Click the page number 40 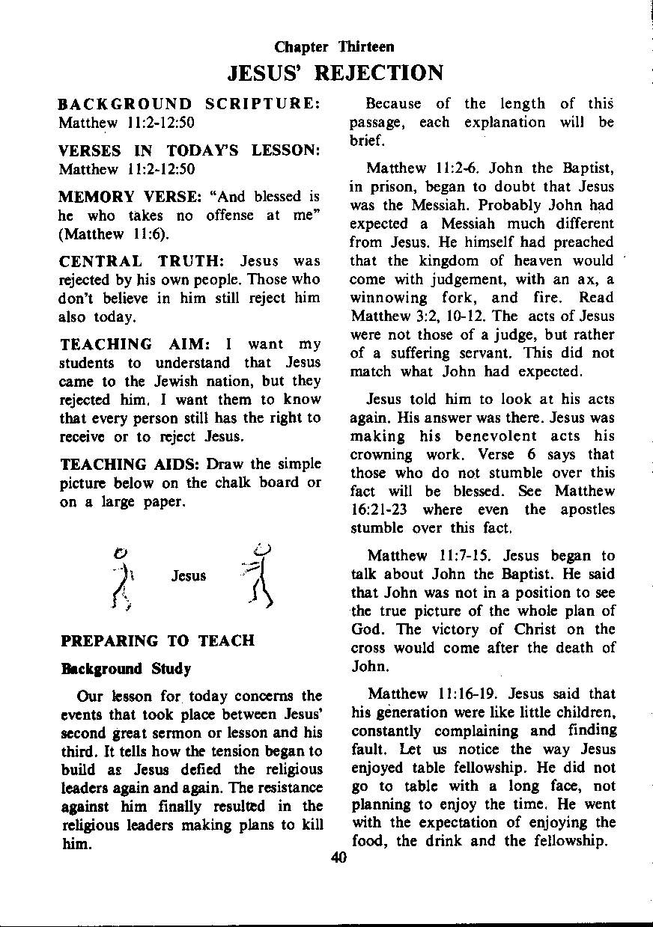pos(338,858)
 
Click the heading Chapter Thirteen pos(334,47)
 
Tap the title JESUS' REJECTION pos(335,73)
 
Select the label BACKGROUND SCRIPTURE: pos(189,104)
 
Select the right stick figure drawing pos(256,575)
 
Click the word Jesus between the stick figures pos(189,575)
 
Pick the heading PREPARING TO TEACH pos(157,641)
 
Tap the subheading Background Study pos(125,668)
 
